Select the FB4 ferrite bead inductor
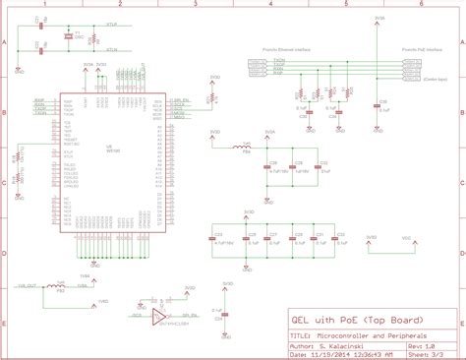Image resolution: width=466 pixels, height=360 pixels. [x=246, y=149]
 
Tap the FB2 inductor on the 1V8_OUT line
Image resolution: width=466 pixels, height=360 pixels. [x=60, y=286]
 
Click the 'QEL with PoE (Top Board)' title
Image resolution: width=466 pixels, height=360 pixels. [x=343, y=321]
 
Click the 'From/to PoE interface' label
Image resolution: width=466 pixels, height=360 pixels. [x=422, y=46]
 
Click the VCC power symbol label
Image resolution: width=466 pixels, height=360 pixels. [x=407, y=237]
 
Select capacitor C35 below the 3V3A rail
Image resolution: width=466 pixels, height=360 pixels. [x=380, y=102]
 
